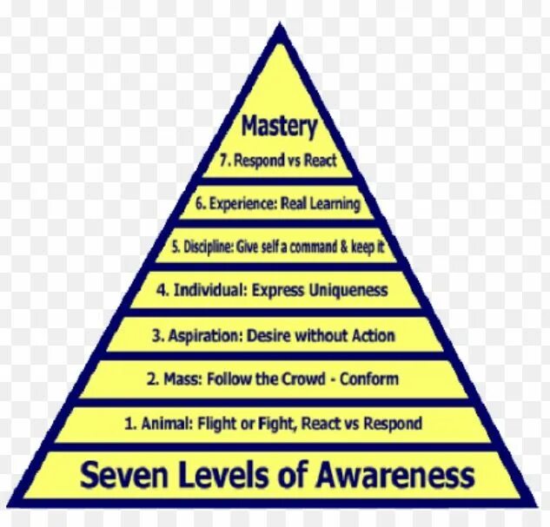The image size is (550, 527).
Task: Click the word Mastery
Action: click(279, 127)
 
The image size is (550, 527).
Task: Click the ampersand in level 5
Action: click(341, 247)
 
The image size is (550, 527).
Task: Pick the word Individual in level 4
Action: click(212, 290)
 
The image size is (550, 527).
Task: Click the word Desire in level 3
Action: click(271, 335)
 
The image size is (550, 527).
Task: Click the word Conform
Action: click(370, 379)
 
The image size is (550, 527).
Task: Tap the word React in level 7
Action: click(319, 161)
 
